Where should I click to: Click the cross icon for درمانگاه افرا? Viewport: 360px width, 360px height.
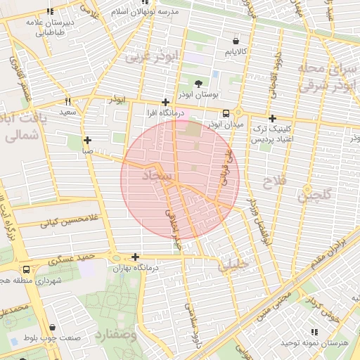tap(165, 102)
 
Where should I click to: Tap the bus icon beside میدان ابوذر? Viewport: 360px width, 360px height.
tap(226, 113)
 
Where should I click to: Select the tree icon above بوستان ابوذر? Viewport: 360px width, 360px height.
tap(198, 82)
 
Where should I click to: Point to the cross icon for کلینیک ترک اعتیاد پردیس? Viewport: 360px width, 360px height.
tap(272, 118)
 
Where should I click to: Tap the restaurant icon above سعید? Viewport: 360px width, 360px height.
tap(67, 101)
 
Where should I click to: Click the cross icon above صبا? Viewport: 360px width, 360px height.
tap(87, 140)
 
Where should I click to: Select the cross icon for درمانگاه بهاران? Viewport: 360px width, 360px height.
tap(135, 257)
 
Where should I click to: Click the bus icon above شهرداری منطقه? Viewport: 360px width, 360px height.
tap(26, 269)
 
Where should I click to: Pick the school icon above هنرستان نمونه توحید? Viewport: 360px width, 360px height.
tap(314, 331)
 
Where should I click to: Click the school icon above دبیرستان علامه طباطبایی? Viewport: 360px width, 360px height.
tap(49, 12)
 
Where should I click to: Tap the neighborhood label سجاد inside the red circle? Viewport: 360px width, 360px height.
tap(156, 176)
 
